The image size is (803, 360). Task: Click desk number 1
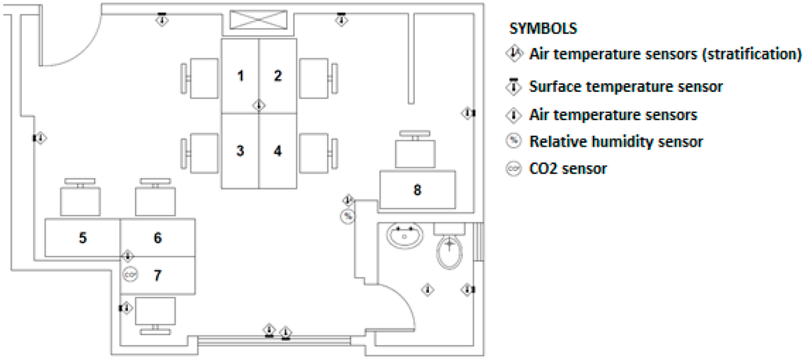[x=240, y=76]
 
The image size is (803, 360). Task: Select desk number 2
[x=278, y=76]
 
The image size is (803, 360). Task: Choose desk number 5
[x=82, y=238]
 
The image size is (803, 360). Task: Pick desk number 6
[x=157, y=238]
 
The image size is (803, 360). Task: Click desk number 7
[x=157, y=275]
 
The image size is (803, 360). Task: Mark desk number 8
[x=417, y=189]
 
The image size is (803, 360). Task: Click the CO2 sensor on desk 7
[x=130, y=275]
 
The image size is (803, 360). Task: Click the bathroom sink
[x=405, y=234]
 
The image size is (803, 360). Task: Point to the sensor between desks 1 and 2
[x=259, y=104]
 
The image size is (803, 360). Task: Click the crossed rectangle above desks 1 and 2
[x=258, y=20]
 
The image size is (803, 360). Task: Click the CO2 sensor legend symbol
[x=514, y=169]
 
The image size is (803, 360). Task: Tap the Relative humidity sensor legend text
[x=616, y=142]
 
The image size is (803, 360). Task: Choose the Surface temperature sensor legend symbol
[x=514, y=85]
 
